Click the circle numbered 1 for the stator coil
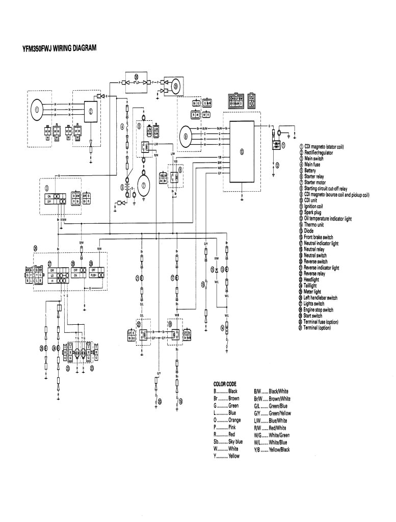(37, 109)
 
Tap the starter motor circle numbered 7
(144, 185)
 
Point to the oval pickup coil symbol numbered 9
(187, 136)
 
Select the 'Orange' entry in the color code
(228, 420)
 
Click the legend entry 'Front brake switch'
(318, 237)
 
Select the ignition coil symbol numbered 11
(277, 145)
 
